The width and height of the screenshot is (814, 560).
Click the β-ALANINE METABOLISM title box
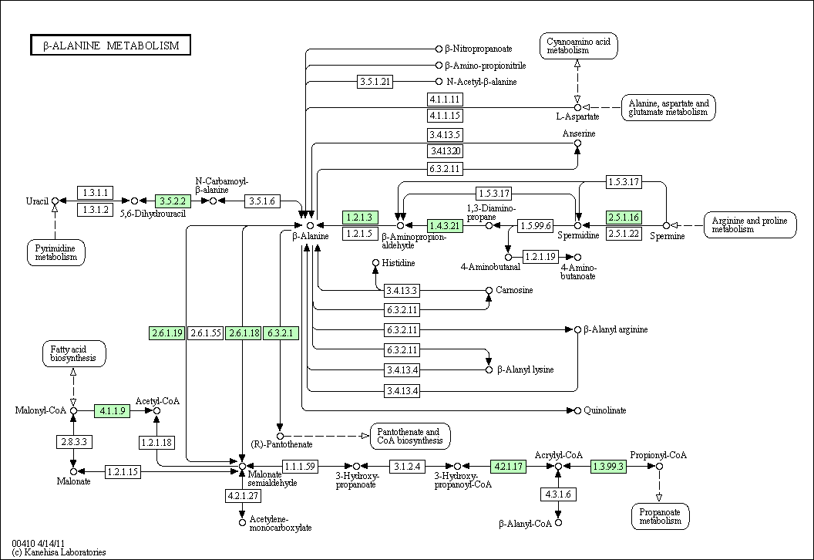point(110,46)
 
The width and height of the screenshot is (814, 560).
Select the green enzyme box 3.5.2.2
point(173,201)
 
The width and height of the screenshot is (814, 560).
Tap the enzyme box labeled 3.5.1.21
point(375,82)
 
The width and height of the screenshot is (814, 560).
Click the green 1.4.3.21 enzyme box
point(445,225)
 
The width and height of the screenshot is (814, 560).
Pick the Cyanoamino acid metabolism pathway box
point(578,46)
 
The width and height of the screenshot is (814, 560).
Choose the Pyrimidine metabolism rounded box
point(56,252)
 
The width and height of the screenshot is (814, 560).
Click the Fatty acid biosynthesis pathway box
point(74,354)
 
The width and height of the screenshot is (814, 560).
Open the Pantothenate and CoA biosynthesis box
point(410,437)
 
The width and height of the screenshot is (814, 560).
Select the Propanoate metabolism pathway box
point(661,516)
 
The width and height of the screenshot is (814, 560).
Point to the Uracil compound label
point(37,201)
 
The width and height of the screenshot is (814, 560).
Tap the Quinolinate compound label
point(605,410)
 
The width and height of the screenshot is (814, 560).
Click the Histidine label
point(399,263)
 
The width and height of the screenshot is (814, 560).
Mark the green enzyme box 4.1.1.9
point(112,411)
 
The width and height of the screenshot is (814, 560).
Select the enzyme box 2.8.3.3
point(74,442)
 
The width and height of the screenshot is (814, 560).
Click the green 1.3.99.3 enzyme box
point(608,467)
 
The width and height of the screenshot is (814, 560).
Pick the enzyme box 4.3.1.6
point(558,494)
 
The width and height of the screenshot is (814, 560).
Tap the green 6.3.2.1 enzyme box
point(281,333)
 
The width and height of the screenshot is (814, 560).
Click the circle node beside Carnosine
point(489,290)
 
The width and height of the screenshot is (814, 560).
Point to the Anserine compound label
point(579,133)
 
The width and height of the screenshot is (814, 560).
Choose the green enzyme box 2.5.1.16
point(624,218)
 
